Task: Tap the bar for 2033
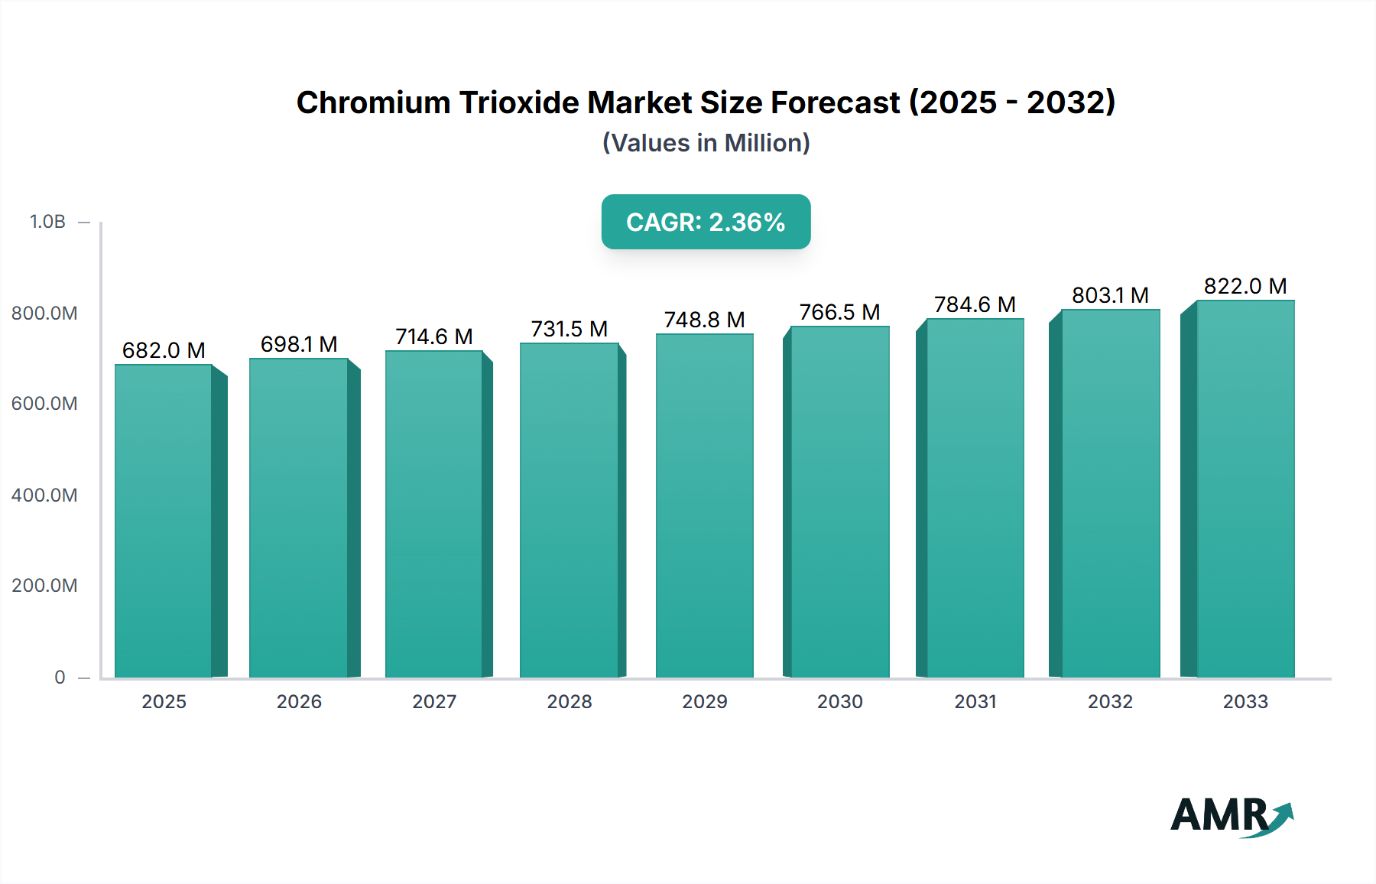tap(1245, 489)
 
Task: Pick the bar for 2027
tap(433, 514)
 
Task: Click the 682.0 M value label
tap(164, 350)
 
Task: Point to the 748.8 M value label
tap(704, 320)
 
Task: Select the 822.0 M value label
tap(1245, 286)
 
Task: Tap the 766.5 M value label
tap(839, 312)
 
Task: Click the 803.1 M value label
tap(1110, 295)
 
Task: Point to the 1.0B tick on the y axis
tap(47, 222)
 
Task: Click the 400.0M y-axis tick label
tap(44, 496)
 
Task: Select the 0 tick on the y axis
tap(60, 678)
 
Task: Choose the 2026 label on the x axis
tap(299, 702)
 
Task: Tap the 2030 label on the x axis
tap(839, 702)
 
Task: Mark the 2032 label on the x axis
tap(1110, 702)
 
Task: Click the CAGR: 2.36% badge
tap(706, 222)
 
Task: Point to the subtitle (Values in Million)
tap(706, 143)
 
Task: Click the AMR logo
tap(1220, 815)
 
